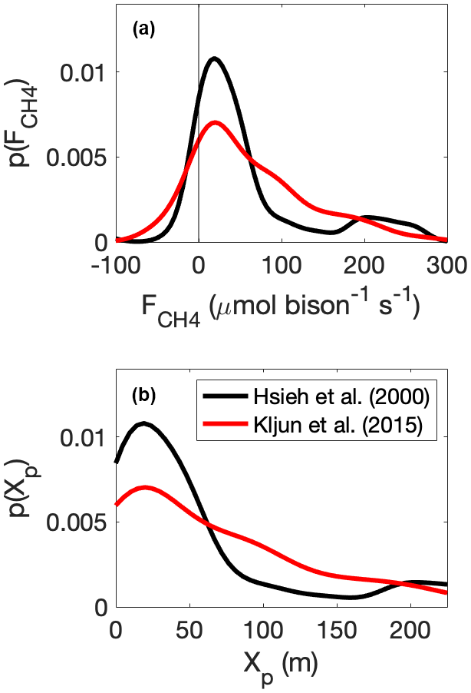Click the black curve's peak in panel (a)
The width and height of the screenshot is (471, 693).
[214, 58]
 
